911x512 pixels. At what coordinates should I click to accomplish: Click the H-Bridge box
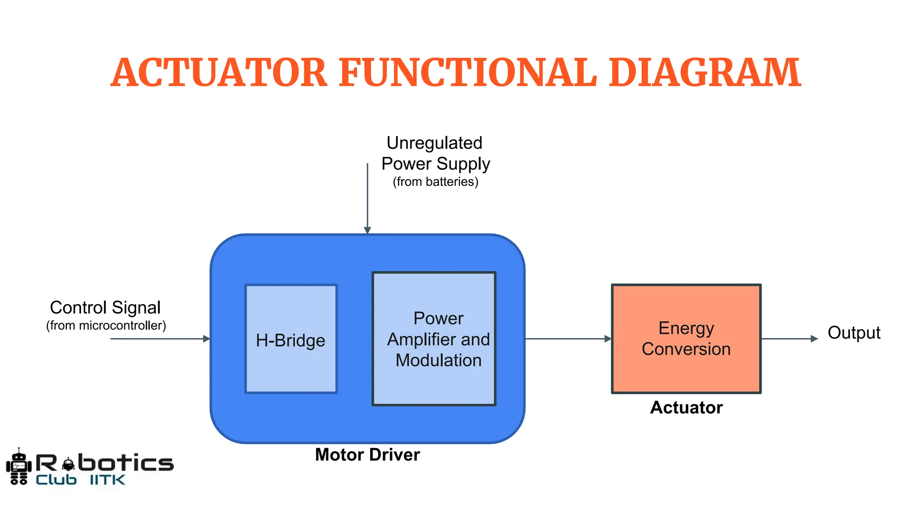(291, 339)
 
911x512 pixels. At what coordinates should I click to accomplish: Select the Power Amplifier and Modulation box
(434, 339)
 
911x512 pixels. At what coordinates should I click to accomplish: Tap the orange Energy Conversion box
(686, 339)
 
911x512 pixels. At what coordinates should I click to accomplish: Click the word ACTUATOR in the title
(219, 72)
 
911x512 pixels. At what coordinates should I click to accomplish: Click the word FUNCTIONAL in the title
(468, 72)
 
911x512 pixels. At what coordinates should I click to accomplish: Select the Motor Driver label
(367, 455)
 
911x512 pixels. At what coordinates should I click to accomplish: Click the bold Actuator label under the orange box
(686, 408)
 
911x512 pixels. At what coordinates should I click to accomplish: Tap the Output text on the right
(854, 333)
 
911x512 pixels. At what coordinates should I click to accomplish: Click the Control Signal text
(105, 308)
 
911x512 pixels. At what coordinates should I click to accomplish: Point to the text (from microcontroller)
(106, 326)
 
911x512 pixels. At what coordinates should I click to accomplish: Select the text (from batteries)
(435, 182)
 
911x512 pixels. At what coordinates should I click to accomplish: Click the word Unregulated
(434, 143)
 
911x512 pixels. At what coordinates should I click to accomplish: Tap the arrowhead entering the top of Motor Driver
(367, 230)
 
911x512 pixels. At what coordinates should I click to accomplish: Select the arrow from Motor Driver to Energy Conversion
(567, 339)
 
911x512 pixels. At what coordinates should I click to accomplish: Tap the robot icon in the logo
(19, 467)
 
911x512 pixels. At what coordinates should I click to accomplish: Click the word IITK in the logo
(107, 480)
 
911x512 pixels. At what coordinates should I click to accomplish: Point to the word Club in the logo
(56, 480)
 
